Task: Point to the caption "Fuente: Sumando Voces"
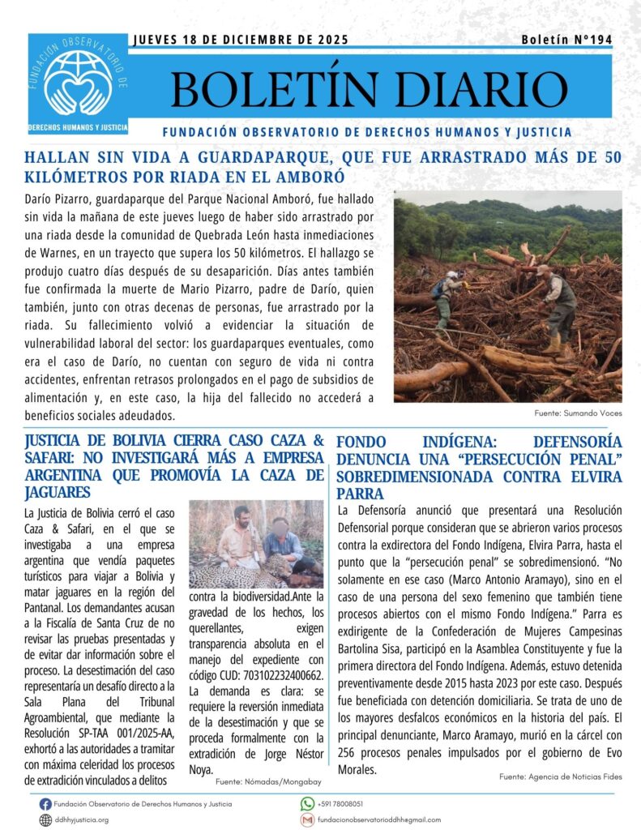(578, 413)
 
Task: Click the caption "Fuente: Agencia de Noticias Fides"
(560, 777)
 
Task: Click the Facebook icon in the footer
(45, 804)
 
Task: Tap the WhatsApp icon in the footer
(307, 804)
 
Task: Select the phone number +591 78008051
(340, 804)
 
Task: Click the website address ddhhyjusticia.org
(81, 819)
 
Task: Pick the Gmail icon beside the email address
(307, 819)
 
